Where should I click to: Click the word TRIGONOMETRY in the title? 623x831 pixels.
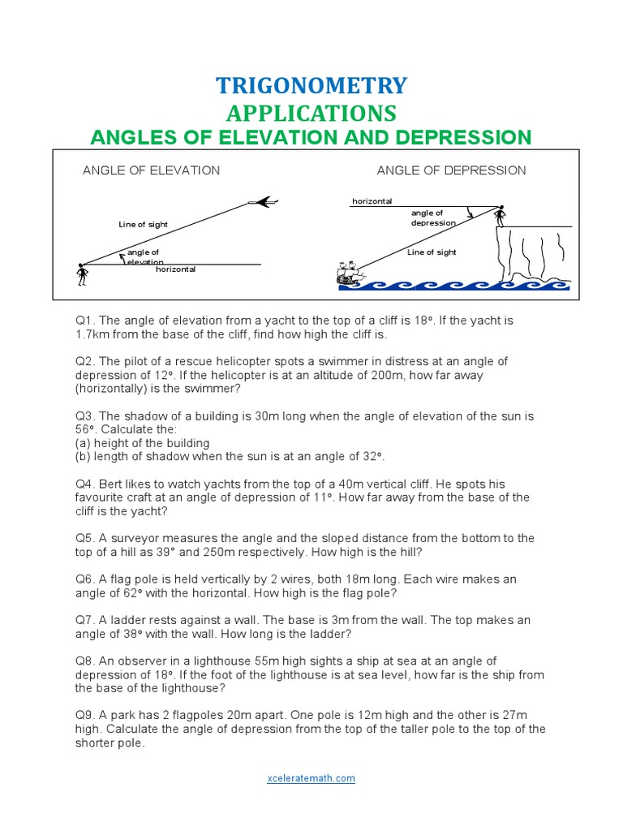(311, 85)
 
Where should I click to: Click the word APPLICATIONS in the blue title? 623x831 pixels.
(311, 112)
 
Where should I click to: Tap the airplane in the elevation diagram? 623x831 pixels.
(263, 202)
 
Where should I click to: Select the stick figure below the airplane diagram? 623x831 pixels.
(81, 274)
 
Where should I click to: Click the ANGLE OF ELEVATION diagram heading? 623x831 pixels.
(151, 170)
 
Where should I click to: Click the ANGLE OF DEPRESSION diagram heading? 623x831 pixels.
(451, 170)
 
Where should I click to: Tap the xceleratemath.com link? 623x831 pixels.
(311, 778)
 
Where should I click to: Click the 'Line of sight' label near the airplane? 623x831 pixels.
(144, 225)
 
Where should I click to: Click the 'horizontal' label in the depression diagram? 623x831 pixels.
(372, 201)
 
